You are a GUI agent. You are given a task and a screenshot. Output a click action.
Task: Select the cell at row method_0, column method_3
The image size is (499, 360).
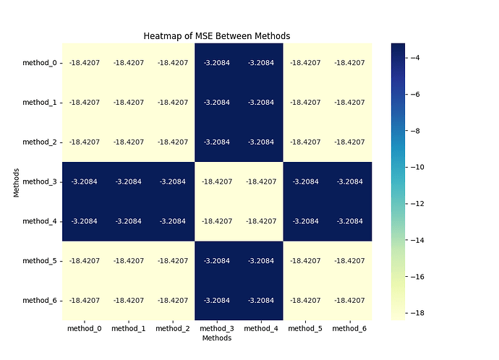[x=217, y=63]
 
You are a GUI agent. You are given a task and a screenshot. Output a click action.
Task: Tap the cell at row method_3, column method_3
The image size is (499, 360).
[x=217, y=181]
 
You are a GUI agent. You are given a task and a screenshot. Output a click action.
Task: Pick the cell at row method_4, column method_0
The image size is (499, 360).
[x=85, y=221]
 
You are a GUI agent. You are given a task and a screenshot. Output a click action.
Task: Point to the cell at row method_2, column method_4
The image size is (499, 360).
[x=261, y=142]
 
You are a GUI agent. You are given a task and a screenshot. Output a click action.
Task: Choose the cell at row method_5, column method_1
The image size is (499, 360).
[x=129, y=261]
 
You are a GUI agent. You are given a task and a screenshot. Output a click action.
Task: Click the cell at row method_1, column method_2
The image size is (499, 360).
[x=173, y=103]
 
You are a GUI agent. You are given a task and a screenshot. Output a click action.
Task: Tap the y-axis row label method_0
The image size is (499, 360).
[x=40, y=63]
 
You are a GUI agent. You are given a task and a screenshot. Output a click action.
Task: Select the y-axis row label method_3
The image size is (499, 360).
[x=40, y=181]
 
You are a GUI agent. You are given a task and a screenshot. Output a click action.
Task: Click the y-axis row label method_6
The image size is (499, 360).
[x=40, y=300]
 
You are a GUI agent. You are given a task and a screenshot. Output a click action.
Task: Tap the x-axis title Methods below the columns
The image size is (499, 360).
[x=217, y=338]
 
